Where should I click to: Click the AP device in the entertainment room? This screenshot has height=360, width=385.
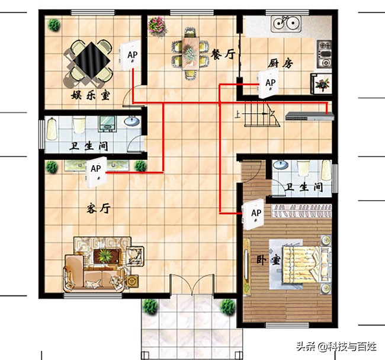(129, 55)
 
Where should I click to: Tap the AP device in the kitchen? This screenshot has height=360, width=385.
(268, 83)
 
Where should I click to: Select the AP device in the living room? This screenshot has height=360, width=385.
(96, 172)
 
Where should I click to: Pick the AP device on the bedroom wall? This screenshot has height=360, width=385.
(253, 214)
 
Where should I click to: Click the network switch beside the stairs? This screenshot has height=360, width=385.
(310, 116)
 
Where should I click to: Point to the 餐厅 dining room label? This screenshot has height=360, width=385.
(223, 54)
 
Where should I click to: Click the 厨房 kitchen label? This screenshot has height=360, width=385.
(280, 63)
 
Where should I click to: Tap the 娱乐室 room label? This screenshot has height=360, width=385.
(91, 95)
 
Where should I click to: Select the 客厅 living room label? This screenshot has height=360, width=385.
(98, 209)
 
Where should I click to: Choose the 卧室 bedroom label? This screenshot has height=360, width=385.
(268, 260)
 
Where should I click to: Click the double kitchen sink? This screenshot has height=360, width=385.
(286, 24)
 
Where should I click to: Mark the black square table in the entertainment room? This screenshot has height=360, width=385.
(91, 59)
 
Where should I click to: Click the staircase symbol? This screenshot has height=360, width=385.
(261, 114)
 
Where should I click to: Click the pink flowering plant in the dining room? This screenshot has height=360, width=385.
(156, 26)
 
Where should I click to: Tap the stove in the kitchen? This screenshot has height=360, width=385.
(324, 54)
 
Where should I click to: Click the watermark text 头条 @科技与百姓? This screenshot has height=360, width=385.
(336, 346)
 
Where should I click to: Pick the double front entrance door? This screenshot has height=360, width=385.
(192, 284)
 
